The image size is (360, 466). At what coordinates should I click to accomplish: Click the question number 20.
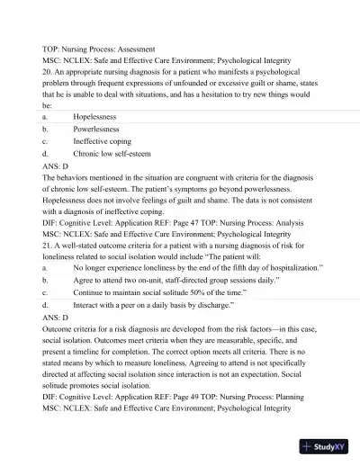pos(47,70)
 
